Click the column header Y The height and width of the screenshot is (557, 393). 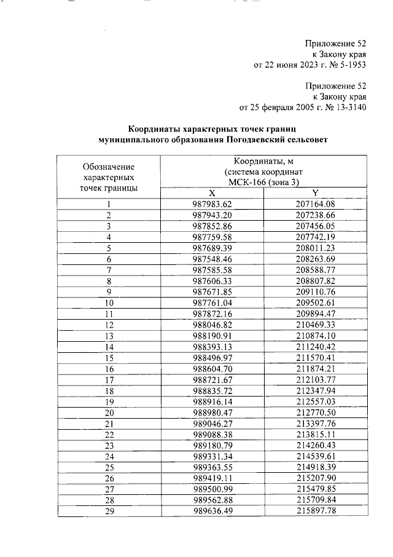[314, 193]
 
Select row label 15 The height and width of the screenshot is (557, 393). [109, 357]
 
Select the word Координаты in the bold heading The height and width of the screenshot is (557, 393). [152, 129]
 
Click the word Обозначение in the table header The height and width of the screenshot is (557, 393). [109, 167]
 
